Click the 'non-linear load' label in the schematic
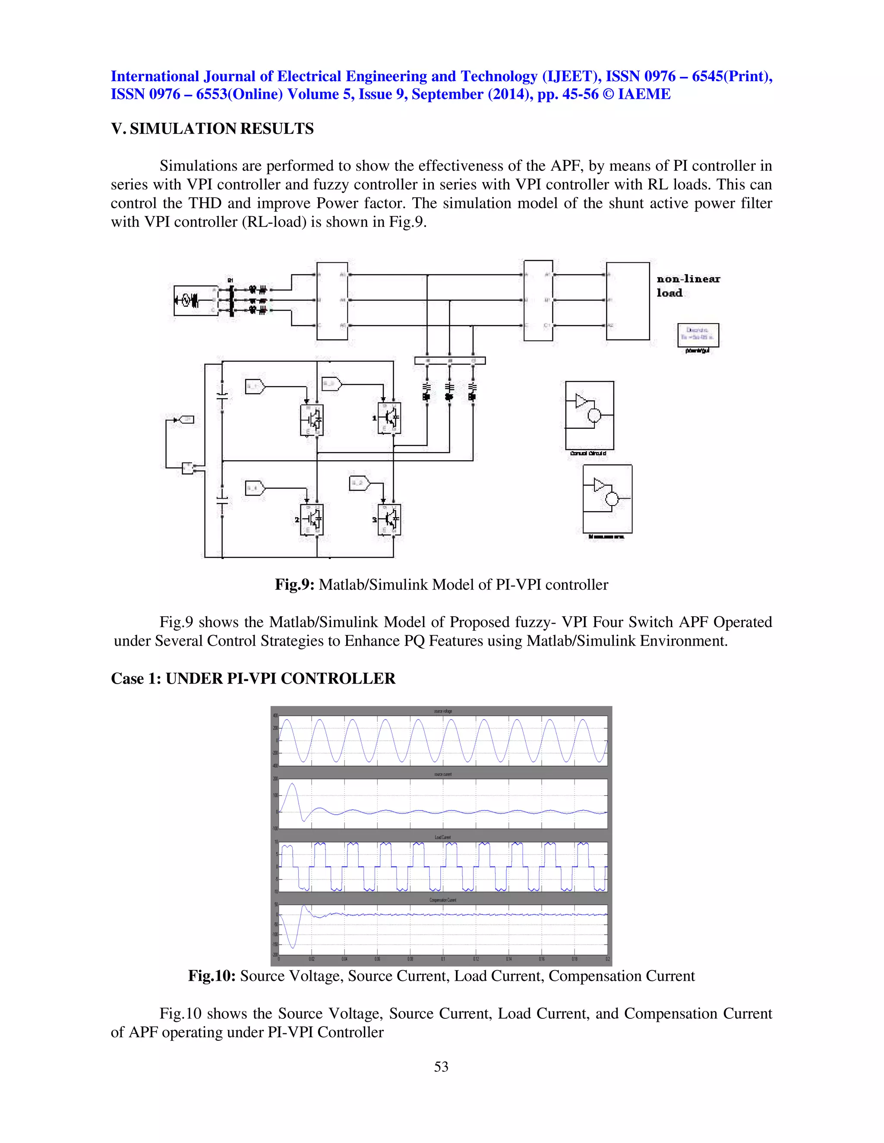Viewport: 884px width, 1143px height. (688, 286)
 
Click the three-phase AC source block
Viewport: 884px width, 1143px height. (187, 300)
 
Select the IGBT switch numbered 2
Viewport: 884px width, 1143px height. (312, 519)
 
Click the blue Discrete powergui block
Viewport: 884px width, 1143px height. (698, 335)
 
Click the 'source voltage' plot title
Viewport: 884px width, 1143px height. (442, 711)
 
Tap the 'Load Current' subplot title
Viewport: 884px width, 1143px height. (442, 837)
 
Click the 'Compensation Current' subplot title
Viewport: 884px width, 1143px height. (442, 900)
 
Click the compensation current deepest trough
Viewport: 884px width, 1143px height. (293, 948)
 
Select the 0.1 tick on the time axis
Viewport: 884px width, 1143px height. (443, 959)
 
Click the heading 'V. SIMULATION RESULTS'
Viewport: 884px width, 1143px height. (212, 129)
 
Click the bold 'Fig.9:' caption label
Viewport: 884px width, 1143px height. (294, 584)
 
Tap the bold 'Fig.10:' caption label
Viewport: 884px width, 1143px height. (212, 976)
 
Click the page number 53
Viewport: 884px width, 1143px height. (441, 1067)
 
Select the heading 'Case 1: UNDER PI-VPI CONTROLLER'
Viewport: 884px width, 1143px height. (253, 679)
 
